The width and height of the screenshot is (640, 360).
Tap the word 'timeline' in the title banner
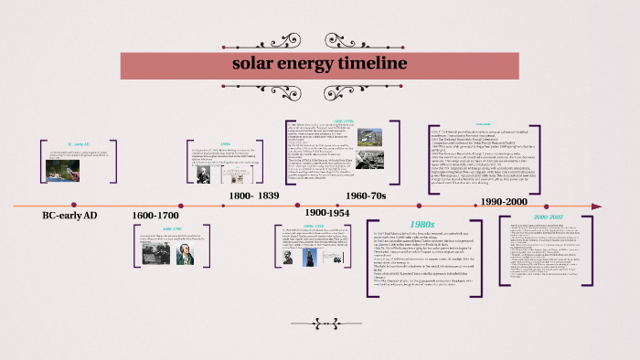tap(369, 63)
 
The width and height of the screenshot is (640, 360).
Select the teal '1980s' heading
tap(421, 222)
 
